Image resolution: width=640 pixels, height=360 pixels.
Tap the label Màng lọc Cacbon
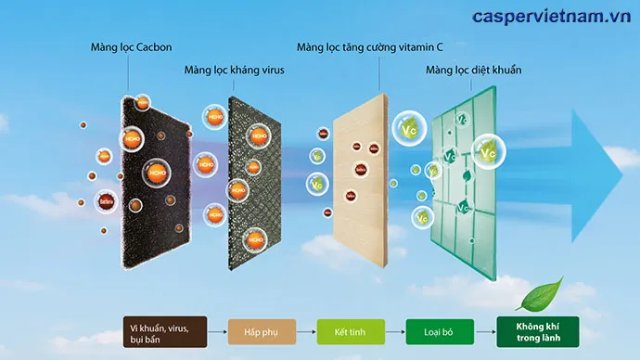click(132, 46)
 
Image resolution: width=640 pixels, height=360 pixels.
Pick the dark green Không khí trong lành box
click(537, 329)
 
